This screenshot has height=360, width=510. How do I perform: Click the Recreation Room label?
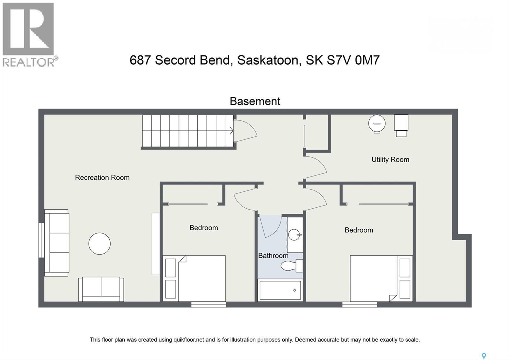(x=102, y=177)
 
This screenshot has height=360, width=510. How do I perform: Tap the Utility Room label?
(x=390, y=160)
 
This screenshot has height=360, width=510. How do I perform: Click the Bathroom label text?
(x=273, y=256)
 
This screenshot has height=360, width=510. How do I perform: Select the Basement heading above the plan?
(x=255, y=101)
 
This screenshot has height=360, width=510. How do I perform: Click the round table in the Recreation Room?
(x=99, y=244)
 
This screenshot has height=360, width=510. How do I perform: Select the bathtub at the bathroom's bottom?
(x=280, y=290)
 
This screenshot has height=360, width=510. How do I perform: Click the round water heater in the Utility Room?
(x=377, y=123)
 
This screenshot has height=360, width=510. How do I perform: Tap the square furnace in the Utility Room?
(x=401, y=123)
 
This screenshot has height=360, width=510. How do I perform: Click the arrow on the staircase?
(x=231, y=131)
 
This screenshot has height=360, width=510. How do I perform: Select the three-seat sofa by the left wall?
(x=57, y=243)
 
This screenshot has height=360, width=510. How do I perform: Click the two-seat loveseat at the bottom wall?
(x=101, y=289)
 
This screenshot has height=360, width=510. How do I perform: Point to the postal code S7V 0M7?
(x=353, y=60)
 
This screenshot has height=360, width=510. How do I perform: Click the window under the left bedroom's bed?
(x=208, y=305)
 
